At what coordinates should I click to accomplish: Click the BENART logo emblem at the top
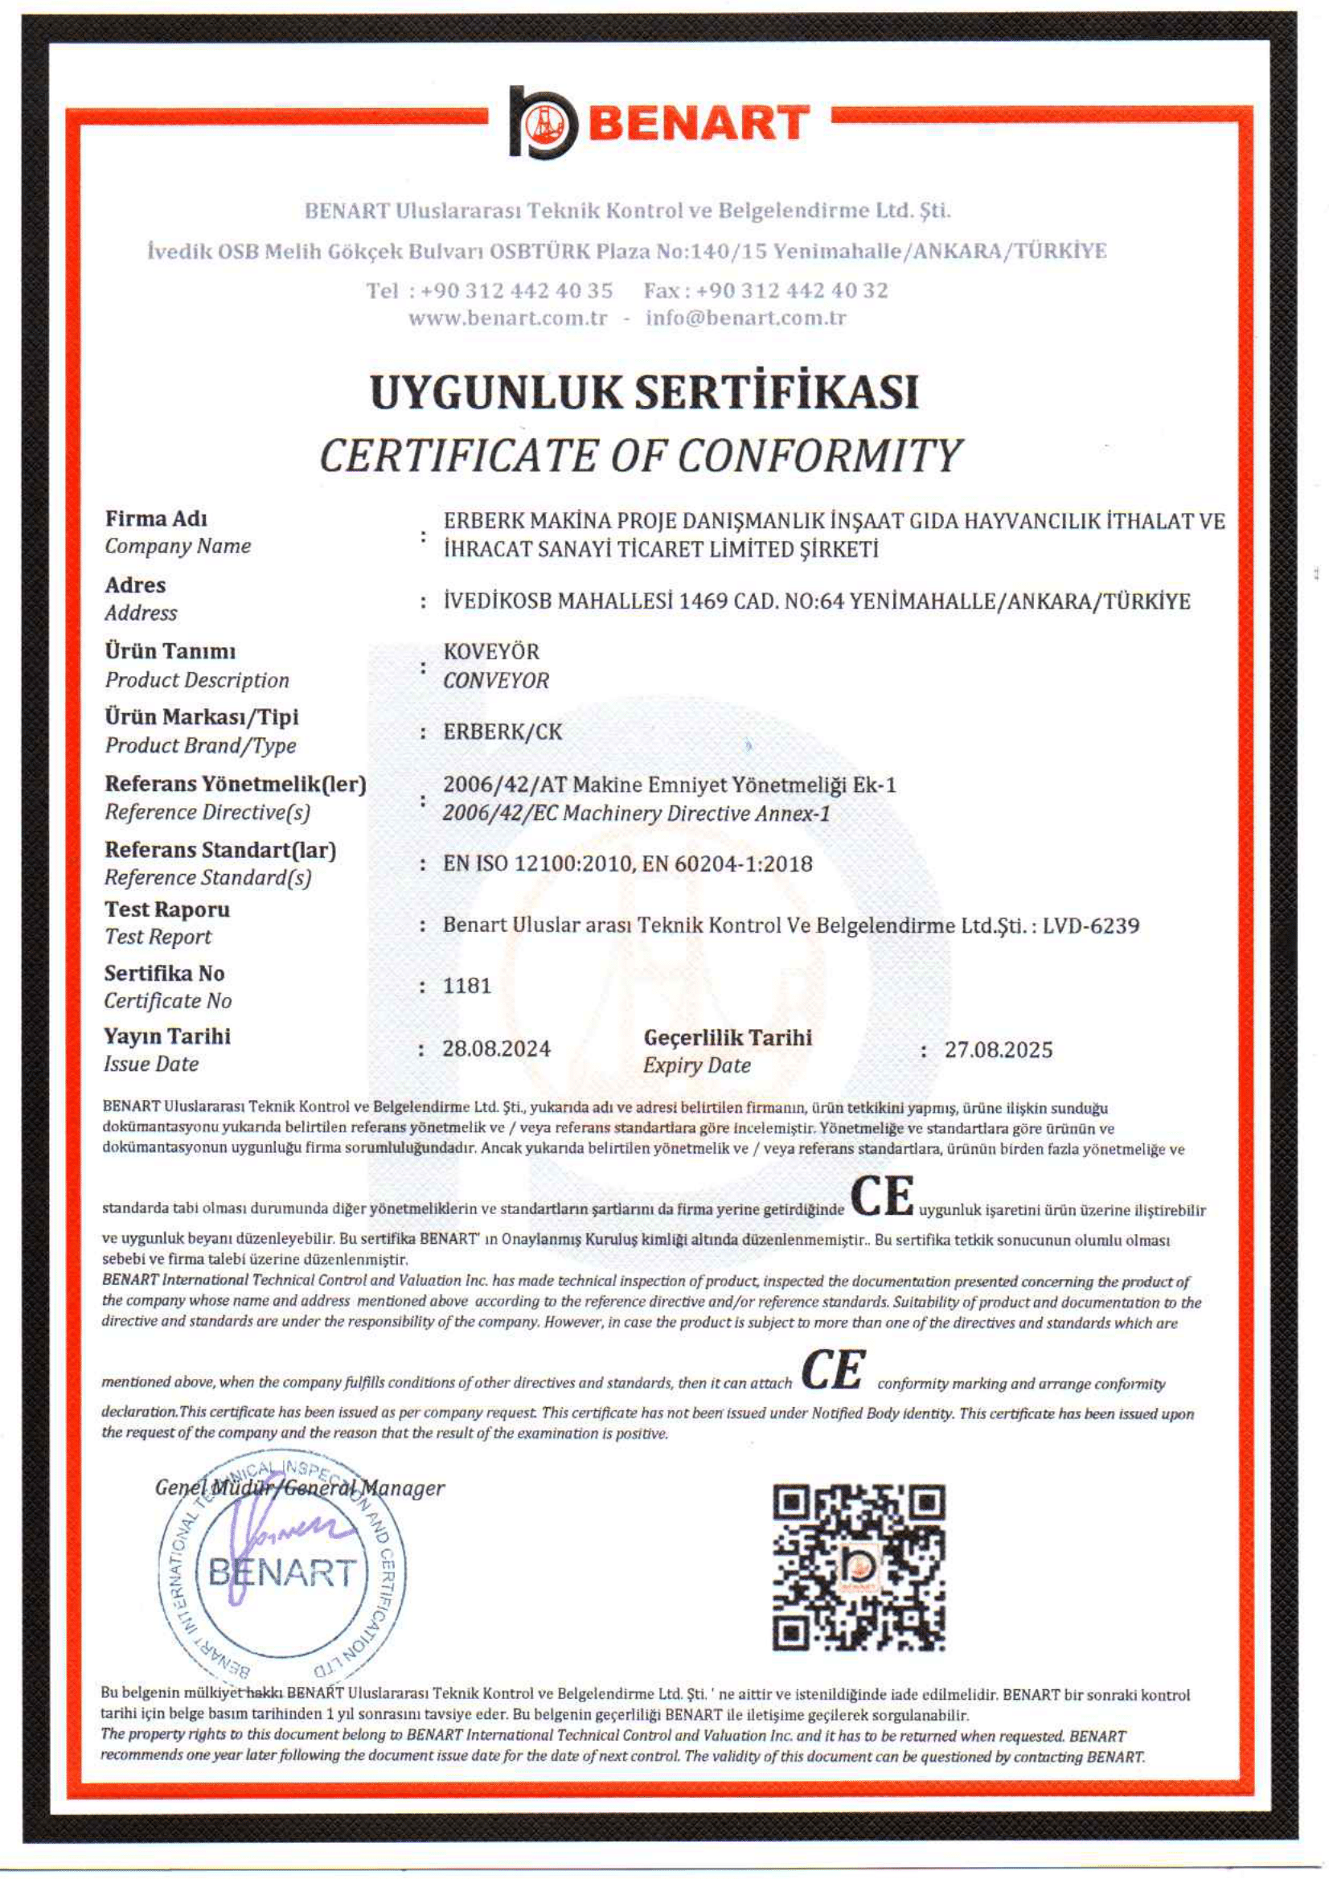coord(543,123)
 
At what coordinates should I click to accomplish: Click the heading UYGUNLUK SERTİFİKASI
coord(644,392)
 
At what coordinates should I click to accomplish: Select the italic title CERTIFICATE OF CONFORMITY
coord(641,456)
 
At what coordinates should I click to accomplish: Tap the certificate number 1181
coord(466,986)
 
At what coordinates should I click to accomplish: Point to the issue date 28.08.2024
coord(496,1048)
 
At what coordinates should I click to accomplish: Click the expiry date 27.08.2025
coord(998,1050)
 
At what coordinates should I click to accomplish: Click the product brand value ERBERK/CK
coord(502,732)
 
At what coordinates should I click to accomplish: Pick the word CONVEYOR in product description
coord(496,680)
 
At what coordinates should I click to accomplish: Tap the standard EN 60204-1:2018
coord(727,864)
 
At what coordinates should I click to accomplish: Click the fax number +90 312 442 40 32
coord(791,290)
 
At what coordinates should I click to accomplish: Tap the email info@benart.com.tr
coord(745,318)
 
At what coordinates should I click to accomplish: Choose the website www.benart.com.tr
coord(507,318)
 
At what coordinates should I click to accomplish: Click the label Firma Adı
coord(155,519)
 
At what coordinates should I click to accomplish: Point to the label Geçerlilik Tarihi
coord(728,1038)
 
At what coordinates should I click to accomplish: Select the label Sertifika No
coord(164,973)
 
